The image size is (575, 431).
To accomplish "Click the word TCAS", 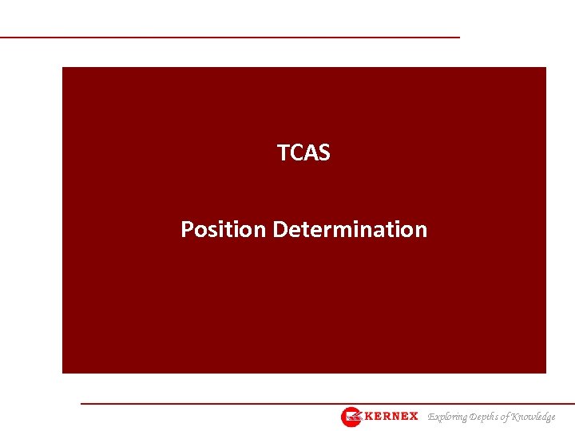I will click(303, 152).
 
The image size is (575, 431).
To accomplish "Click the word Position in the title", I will click(224, 230).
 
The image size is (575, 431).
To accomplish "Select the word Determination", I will click(350, 230).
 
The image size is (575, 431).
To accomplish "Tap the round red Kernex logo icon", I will click(351, 417).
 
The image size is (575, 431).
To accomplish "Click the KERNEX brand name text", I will click(391, 417).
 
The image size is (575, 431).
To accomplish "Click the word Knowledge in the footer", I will click(534, 417).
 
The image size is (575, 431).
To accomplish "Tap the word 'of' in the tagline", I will click(508, 417).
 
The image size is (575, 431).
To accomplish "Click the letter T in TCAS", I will click(282, 152).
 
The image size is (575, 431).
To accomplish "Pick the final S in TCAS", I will click(324, 152).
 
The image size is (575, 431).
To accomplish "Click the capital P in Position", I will click(187, 230).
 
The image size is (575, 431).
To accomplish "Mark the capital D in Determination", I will click(280, 230).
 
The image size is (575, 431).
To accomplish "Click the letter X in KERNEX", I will click(413, 417).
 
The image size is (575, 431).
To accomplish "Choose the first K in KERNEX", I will click(369, 417).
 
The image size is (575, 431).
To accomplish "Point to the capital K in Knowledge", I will click(517, 417).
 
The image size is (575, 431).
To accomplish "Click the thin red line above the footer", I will click(319, 404).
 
